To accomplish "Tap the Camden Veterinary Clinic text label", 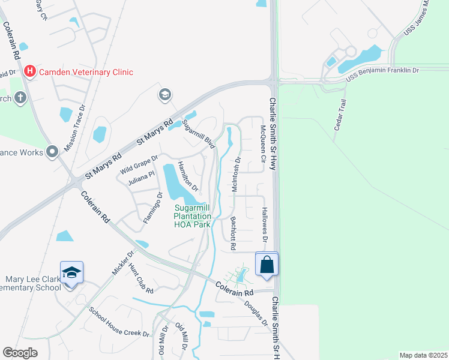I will tap(86, 72).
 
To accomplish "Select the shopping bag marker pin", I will tap(267, 264).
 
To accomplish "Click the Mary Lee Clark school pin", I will tap(71, 273).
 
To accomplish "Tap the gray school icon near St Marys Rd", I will tap(164, 95).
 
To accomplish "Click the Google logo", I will tap(20, 353).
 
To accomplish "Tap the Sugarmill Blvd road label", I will tap(199, 134).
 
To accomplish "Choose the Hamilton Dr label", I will tap(187, 178).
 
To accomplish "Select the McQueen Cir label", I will tap(262, 144).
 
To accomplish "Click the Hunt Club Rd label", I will tap(140, 282).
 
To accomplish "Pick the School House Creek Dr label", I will tap(119, 322).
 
